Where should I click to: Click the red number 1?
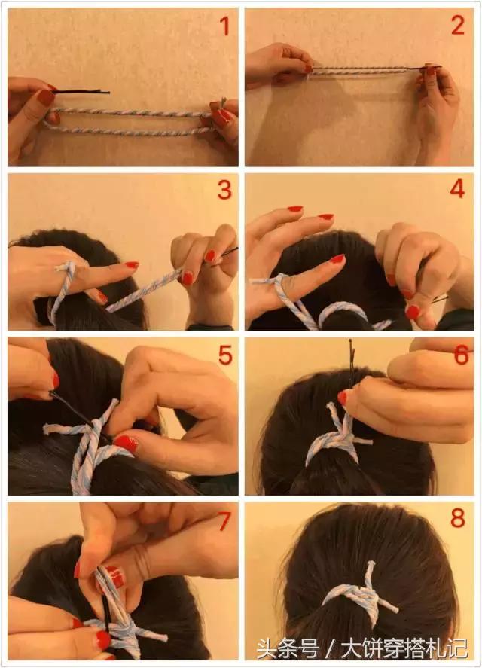pos(224,26)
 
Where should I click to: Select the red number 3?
pos(224,190)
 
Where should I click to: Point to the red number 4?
pos(457,189)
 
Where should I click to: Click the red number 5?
pos(225,355)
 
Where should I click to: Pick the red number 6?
pos(462,355)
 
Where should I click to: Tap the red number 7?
pos(224,520)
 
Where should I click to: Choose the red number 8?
pos(458,518)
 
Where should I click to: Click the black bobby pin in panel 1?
pos(81,91)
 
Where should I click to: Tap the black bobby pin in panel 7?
pos(105,601)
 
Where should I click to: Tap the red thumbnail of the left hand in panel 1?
pos(46,98)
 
